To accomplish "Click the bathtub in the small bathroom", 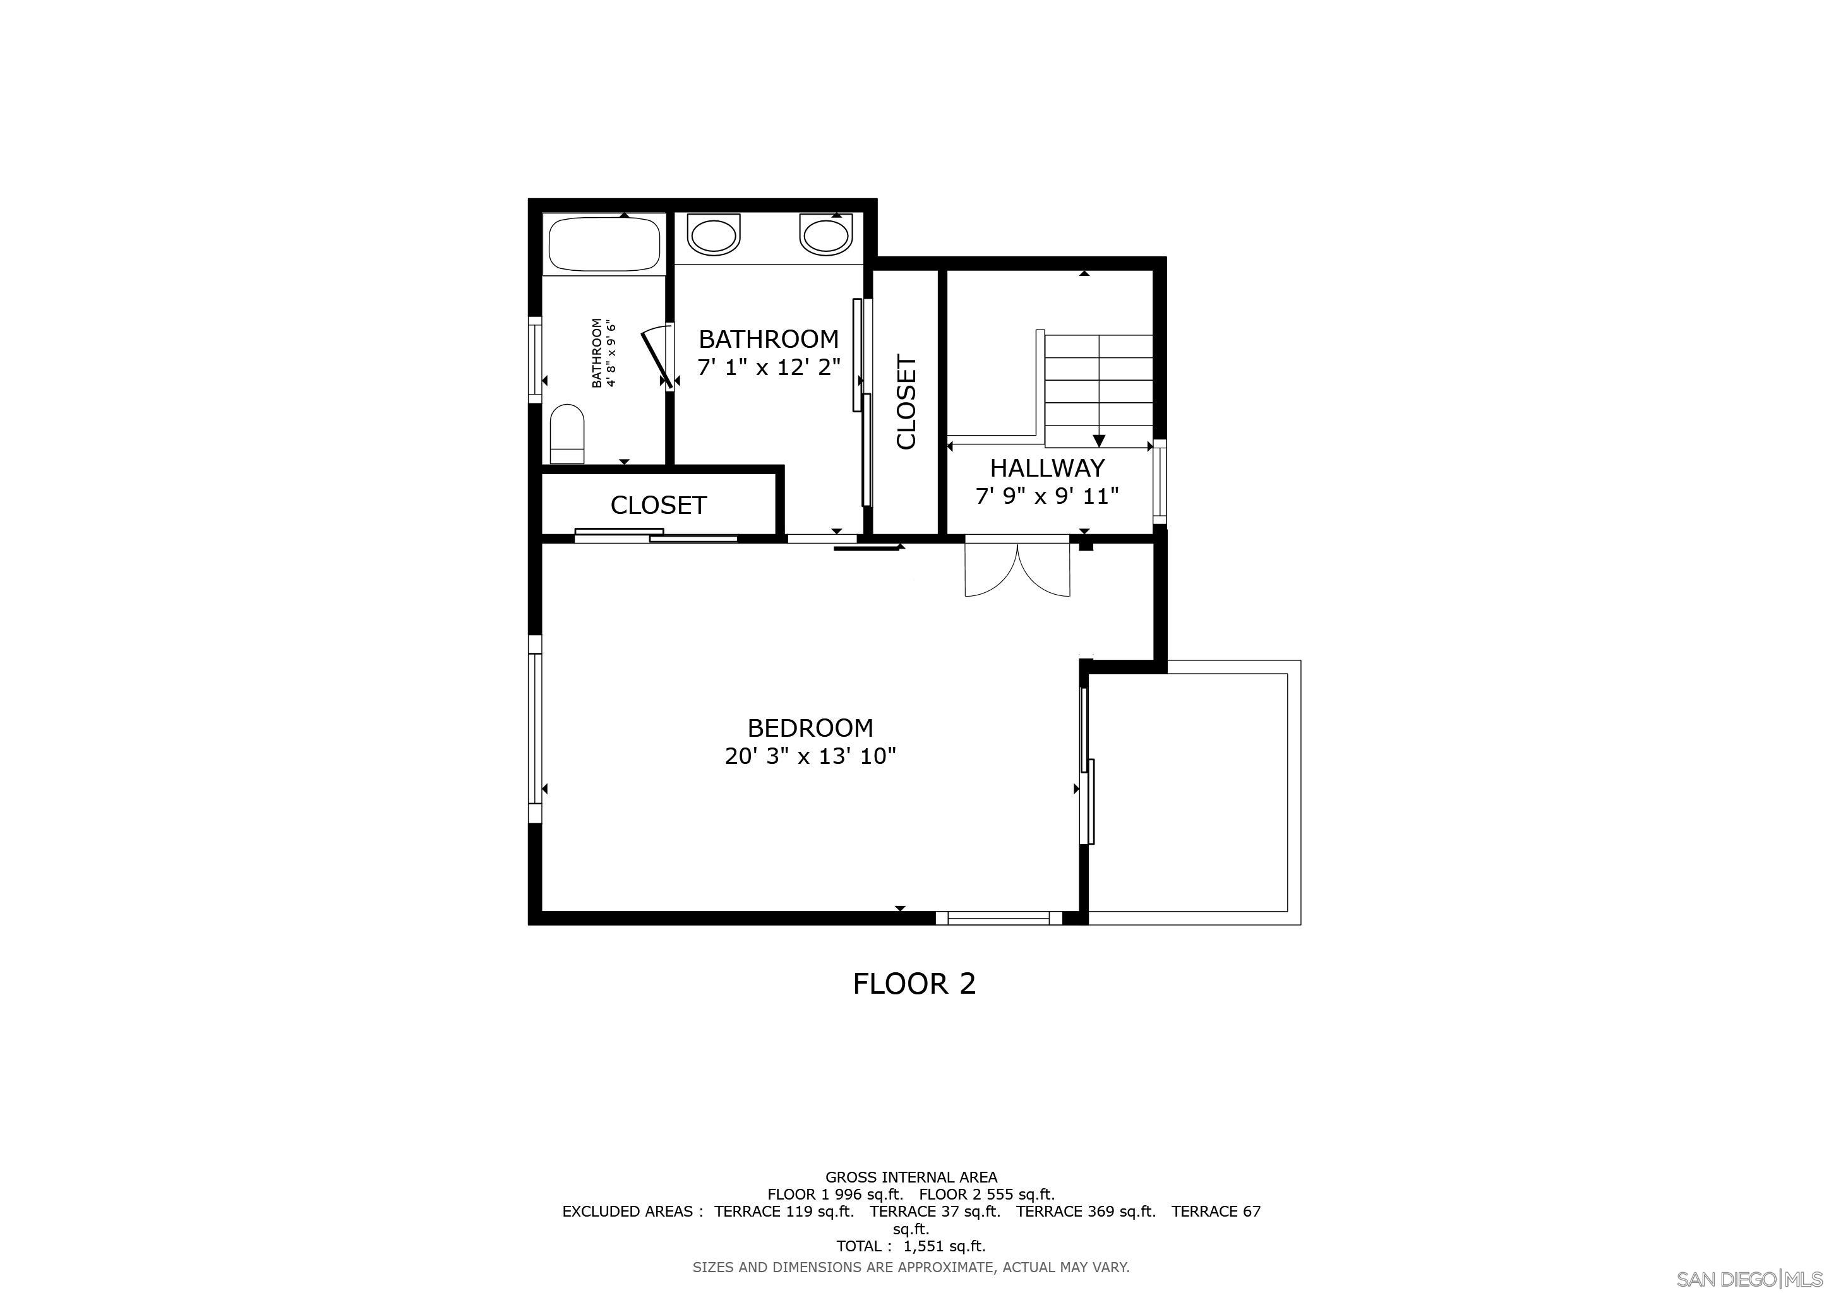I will [x=604, y=244].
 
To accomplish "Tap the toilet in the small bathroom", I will [x=567, y=434].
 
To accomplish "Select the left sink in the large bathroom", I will [x=713, y=235].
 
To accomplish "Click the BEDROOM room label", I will [x=810, y=728].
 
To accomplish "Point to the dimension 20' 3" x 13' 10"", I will [x=810, y=756].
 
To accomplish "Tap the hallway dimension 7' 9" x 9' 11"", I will [x=1046, y=496].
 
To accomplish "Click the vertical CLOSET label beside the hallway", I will [x=906, y=402].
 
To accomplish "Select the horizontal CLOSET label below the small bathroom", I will [x=658, y=505].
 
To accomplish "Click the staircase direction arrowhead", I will [x=1100, y=440].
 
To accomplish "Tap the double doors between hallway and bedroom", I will [x=1017, y=569].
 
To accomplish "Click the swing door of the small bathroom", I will [x=655, y=357].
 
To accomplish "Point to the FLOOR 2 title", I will [x=914, y=984].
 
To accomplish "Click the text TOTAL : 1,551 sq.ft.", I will [x=911, y=1246].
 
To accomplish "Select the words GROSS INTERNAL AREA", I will [x=911, y=1177].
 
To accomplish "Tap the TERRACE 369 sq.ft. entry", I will [x=1085, y=1211].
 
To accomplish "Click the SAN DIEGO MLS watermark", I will [x=1749, y=1278].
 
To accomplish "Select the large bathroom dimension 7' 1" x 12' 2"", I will [x=769, y=368].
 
